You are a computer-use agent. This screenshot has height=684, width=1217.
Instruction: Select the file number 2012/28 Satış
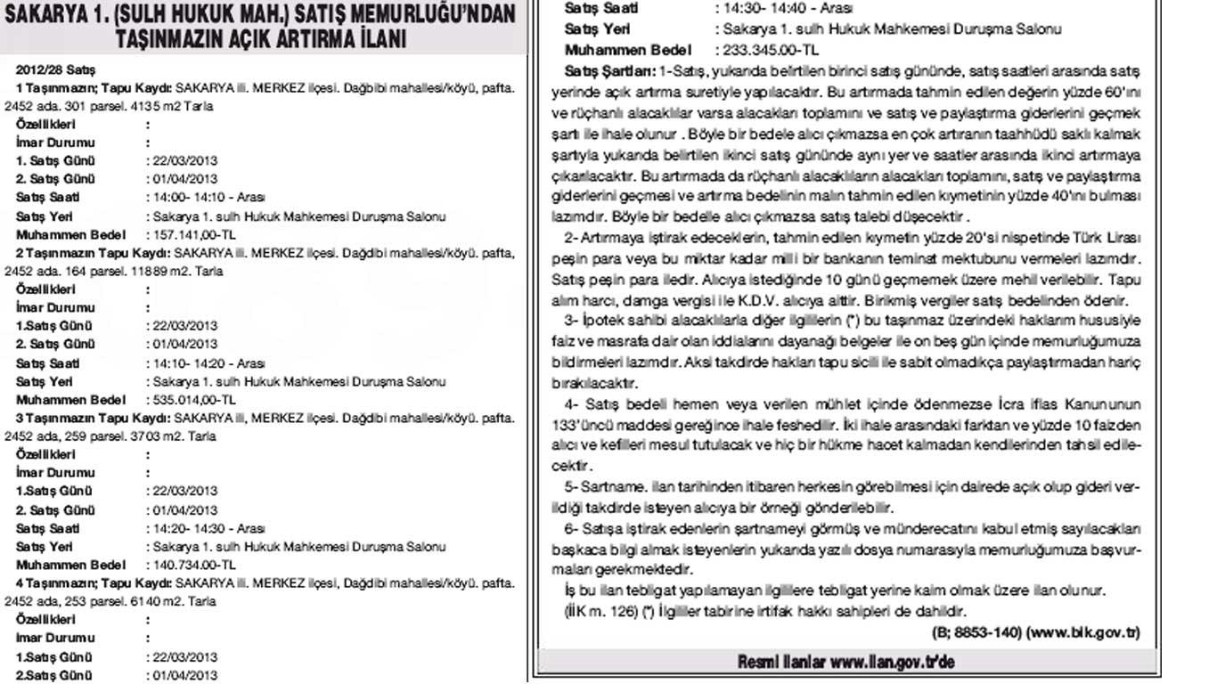click(55, 69)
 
